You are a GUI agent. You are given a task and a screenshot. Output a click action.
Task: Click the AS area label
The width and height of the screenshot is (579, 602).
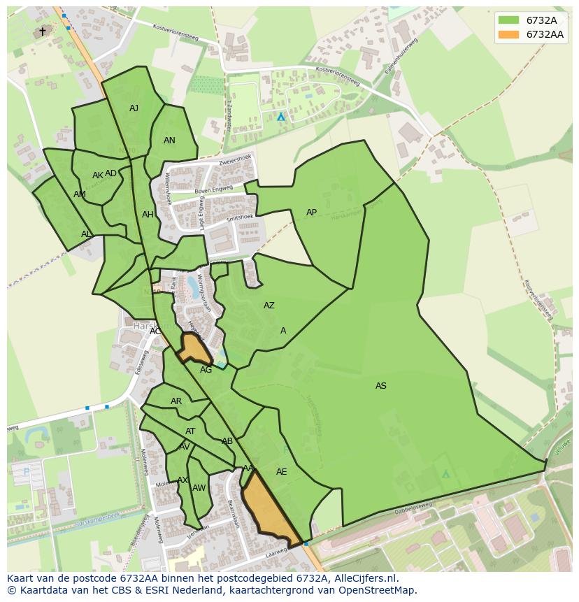point(380,386)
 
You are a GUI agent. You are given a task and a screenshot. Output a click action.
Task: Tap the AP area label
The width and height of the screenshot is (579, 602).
point(311,213)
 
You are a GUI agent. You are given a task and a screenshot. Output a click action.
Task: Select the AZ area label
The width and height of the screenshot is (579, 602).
point(269,306)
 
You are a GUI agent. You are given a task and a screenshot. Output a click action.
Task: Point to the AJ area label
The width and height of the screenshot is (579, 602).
point(134,108)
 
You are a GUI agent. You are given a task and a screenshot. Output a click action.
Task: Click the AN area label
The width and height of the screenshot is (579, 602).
point(169,141)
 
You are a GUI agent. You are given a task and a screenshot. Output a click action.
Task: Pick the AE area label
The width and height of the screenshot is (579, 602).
point(281,472)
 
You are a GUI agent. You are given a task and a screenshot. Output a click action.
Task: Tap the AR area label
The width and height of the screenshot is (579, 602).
point(176,401)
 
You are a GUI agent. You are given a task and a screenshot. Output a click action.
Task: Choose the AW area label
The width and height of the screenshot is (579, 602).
point(199,488)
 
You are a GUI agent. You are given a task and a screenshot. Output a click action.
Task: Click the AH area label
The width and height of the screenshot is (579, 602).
point(148,215)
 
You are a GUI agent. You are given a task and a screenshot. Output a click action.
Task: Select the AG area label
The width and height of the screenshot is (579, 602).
point(206,370)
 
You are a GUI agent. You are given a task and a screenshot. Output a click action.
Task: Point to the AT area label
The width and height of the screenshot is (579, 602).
point(190,431)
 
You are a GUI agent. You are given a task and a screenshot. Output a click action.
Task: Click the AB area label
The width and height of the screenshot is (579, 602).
point(227,441)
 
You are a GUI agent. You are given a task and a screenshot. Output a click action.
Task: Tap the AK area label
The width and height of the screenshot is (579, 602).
point(98,175)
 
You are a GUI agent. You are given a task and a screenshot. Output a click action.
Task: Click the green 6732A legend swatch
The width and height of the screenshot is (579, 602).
point(508,20)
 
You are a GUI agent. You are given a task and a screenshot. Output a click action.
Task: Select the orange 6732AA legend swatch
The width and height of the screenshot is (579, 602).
point(508,34)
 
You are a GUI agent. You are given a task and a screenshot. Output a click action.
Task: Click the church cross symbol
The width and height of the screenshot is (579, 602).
point(42,31)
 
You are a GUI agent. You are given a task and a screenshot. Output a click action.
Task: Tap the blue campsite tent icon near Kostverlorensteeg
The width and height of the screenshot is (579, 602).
point(281,117)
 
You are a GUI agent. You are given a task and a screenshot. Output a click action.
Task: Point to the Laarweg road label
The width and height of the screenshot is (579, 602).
point(276,552)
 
